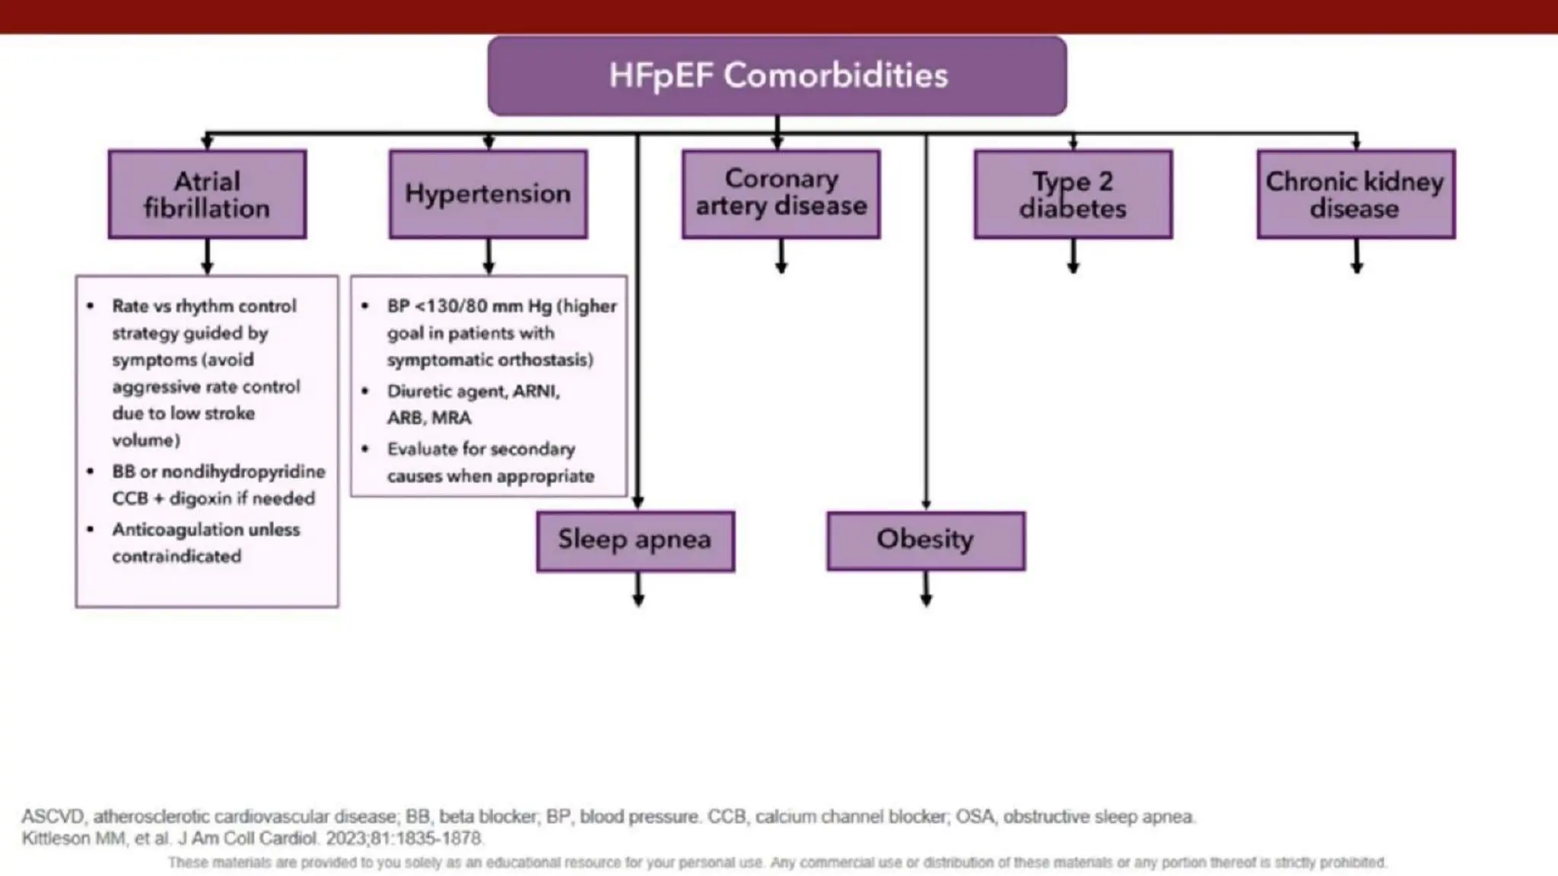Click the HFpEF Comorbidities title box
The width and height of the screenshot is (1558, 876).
pos(777,76)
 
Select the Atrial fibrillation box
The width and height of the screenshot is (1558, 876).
pos(207,195)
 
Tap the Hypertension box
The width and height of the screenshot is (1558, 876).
pos(488,194)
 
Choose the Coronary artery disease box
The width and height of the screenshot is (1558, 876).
pos(781,194)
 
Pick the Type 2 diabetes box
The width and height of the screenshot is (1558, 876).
pos(1073,195)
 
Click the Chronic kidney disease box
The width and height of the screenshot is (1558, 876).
pos(1356,195)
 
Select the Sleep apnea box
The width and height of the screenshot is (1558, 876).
pos(635,541)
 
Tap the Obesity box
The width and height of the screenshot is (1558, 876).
pos(926,541)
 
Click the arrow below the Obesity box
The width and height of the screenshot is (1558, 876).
pos(926,590)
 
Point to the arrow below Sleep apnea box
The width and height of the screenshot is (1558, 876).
pos(638,590)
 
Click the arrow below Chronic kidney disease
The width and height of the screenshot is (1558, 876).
pos(1356,257)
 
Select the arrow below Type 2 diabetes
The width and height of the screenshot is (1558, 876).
pos(1073,257)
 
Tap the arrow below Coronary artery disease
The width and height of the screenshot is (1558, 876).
pos(781,257)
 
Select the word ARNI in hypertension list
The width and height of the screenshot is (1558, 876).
pos(536,391)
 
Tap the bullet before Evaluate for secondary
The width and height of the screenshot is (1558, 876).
pos(365,449)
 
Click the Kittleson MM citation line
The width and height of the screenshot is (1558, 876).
pos(251,838)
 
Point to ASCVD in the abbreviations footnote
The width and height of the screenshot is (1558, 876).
pos(52,817)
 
